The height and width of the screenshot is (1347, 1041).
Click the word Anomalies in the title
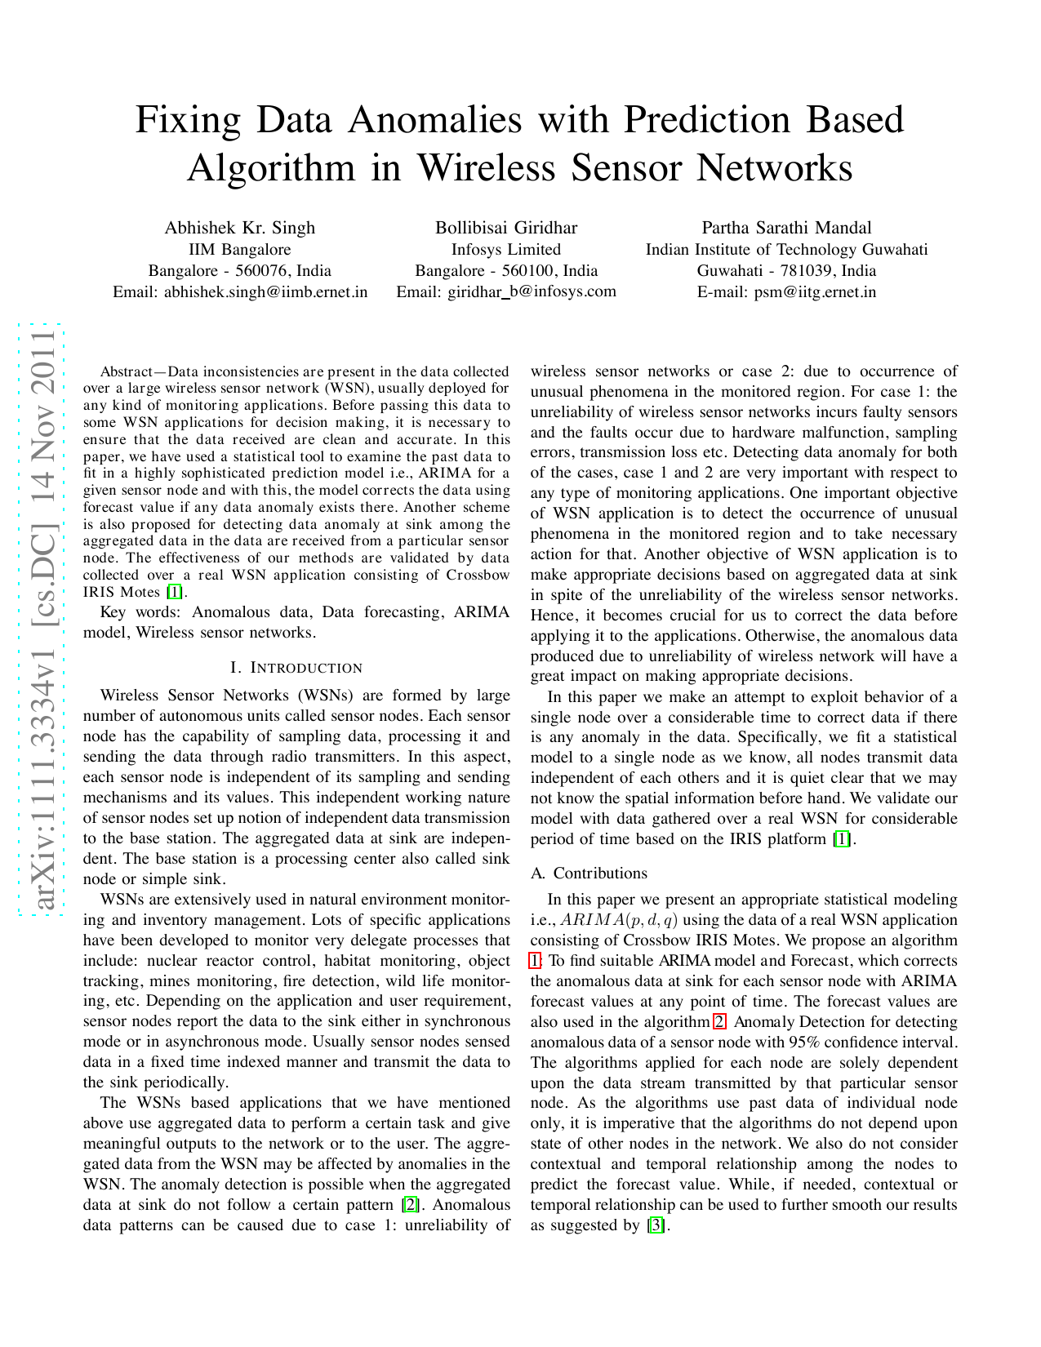[x=435, y=120]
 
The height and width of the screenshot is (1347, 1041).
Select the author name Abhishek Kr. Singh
[x=239, y=228]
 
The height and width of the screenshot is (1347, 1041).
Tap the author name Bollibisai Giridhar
[x=505, y=228]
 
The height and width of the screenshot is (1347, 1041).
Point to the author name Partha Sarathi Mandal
[x=786, y=228]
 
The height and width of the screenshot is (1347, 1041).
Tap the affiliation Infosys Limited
[x=505, y=249]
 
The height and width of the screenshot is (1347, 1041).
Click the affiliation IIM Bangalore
[x=239, y=249]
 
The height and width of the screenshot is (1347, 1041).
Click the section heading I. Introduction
[x=296, y=668]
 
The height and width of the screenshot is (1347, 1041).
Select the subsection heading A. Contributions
[x=589, y=873]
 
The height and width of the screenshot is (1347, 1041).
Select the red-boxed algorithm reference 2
[x=719, y=1021]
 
